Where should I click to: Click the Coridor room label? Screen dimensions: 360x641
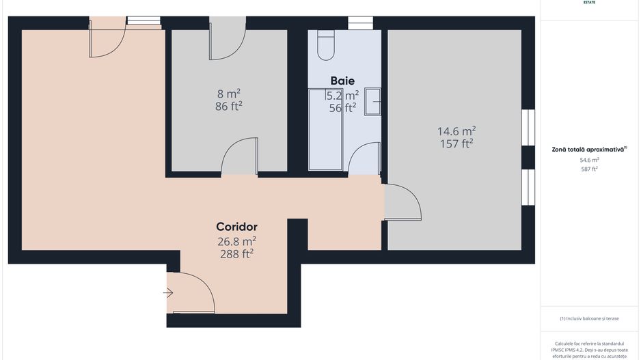tap(236, 226)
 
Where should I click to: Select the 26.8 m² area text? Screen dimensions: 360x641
tap(236, 240)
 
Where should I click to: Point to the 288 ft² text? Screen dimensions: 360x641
tap(236, 253)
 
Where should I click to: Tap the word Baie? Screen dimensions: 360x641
tap(342, 81)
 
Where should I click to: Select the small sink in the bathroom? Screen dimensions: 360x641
tap(372, 102)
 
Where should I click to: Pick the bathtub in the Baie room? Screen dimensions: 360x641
tap(325, 129)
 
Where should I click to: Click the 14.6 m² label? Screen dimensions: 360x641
tap(456, 130)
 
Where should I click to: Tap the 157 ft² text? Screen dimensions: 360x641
tap(456, 143)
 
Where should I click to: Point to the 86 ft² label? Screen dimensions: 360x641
tap(229, 106)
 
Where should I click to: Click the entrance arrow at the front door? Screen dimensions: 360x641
tap(168, 294)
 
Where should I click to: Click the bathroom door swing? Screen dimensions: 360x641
tap(364, 158)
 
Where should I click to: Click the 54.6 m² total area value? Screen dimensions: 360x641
tap(588, 160)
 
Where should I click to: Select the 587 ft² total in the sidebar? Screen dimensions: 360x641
tap(588, 169)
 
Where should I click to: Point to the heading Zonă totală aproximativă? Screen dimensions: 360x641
tap(588, 148)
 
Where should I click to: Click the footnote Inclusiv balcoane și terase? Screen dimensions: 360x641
tap(588, 318)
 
